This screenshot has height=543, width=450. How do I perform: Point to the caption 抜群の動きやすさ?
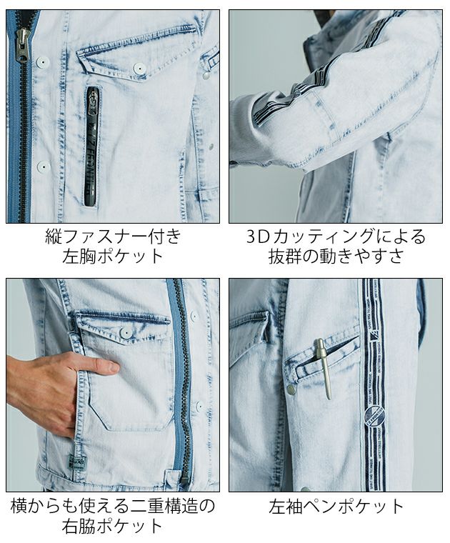tap(335, 256)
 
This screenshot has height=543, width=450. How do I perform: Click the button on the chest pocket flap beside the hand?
tap(126, 334)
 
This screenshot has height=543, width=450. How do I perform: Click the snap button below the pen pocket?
tap(291, 389)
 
